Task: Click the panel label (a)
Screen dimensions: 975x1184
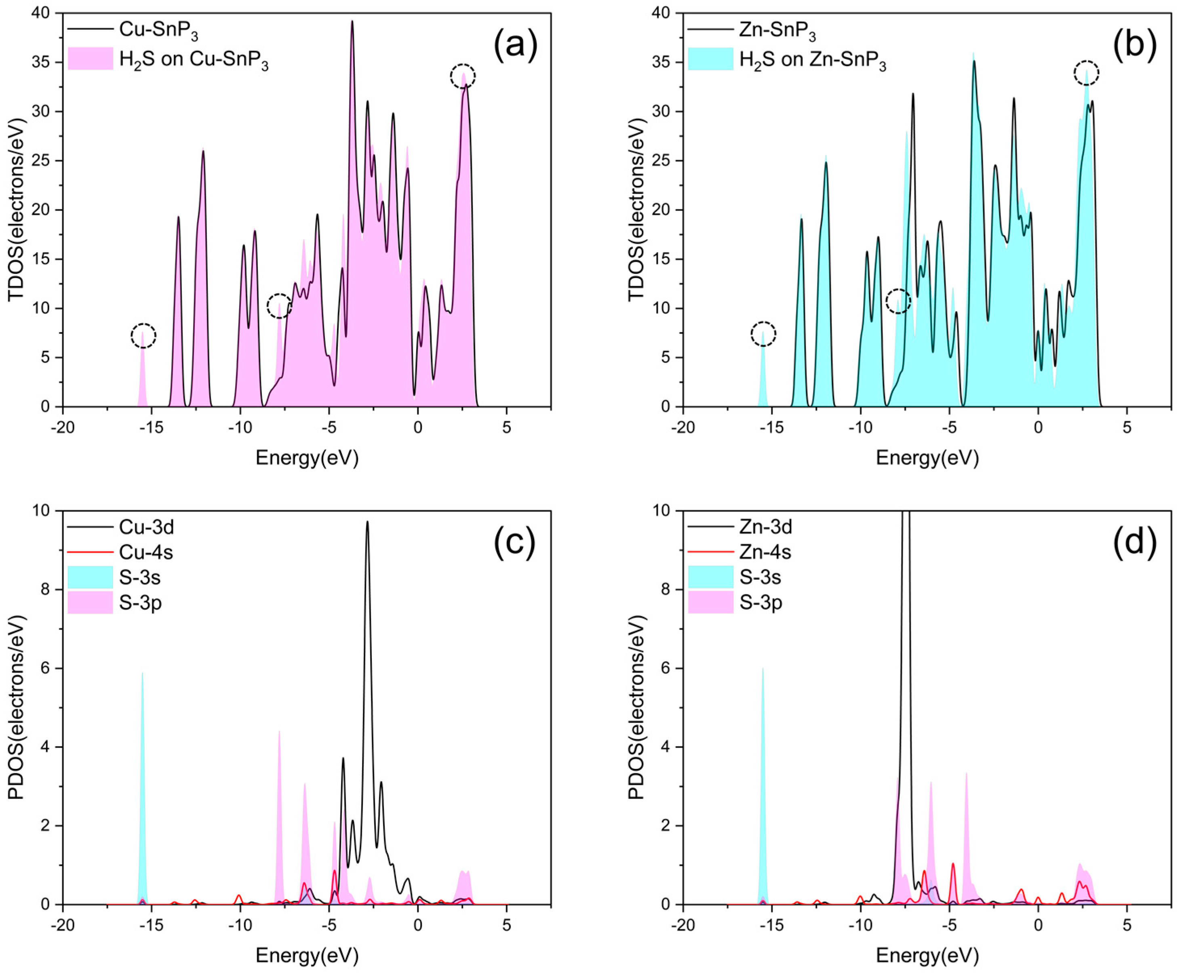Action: coord(515,45)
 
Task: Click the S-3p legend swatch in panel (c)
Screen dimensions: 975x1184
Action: coord(90,602)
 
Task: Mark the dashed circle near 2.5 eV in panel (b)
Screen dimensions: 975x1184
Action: coord(1086,73)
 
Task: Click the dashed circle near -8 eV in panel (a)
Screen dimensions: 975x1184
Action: coord(279,306)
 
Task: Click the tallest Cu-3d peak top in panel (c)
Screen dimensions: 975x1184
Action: coord(367,522)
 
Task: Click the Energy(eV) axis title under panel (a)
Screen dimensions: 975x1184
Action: coord(307,458)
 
